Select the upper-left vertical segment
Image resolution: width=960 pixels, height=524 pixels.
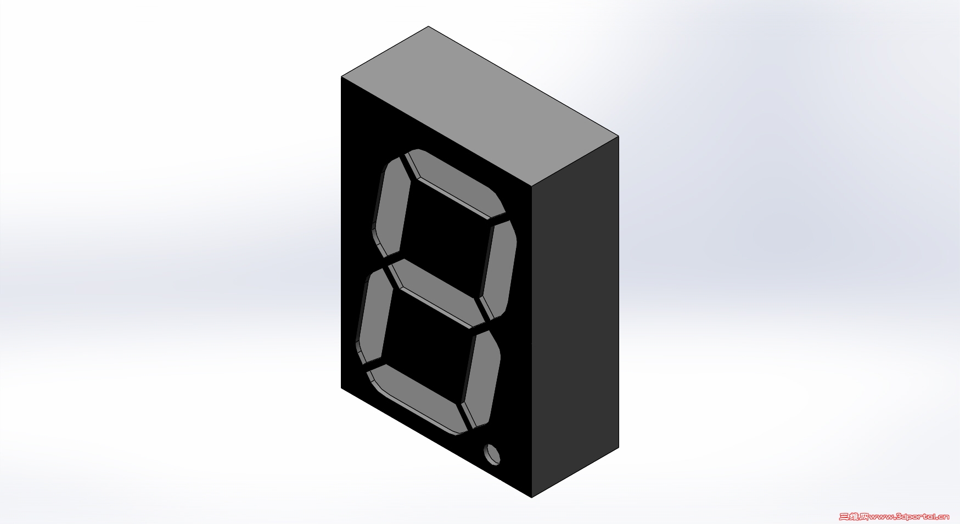tap(392, 207)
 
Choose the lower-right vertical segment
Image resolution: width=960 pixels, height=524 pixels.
tap(481, 377)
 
